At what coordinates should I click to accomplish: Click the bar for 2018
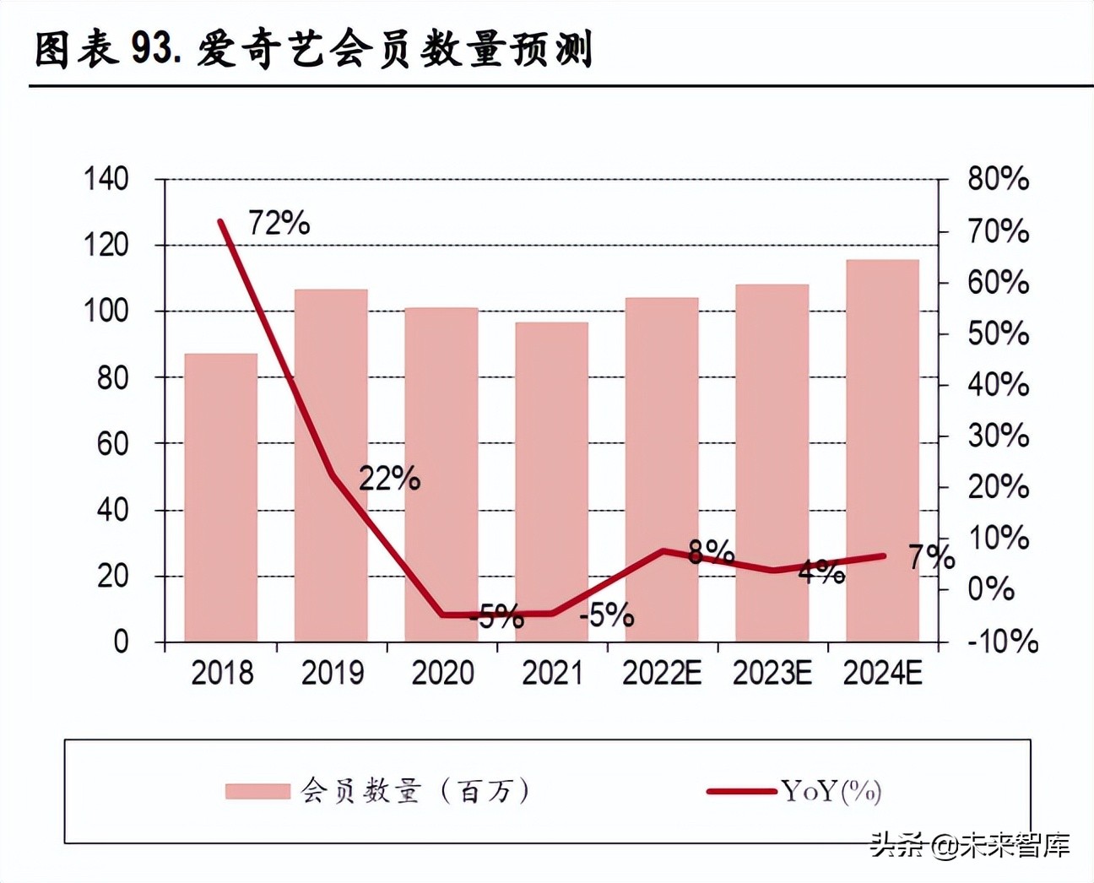[220, 497]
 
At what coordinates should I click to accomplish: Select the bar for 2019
[331, 465]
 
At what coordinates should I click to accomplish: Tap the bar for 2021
[551, 481]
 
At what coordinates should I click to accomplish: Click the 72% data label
[279, 223]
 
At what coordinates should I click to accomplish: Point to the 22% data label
[389, 479]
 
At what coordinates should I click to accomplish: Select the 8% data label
[711, 551]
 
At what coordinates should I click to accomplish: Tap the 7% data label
[931, 557]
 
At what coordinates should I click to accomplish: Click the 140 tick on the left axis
[106, 179]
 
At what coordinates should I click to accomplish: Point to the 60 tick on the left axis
[112, 443]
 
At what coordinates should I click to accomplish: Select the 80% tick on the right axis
[998, 179]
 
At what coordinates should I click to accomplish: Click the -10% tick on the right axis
[1002, 642]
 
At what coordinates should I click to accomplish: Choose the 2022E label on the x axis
[662, 673]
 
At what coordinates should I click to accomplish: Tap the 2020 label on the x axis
[441, 673]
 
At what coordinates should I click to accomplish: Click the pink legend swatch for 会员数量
[257, 791]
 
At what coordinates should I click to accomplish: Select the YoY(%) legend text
[831, 791]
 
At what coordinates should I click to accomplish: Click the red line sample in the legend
[741, 791]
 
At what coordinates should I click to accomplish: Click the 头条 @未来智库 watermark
[970, 845]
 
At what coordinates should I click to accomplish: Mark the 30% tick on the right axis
[998, 436]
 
